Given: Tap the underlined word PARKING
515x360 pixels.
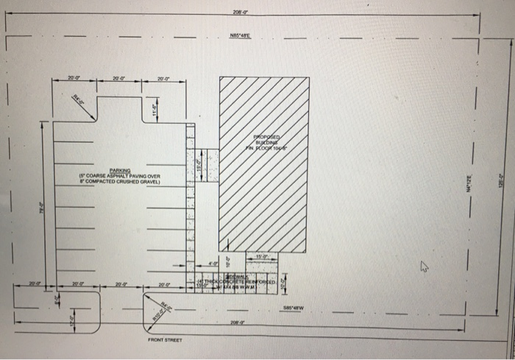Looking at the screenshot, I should click(x=119, y=169).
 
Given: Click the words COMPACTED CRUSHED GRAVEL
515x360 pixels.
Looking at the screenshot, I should click(x=119, y=181).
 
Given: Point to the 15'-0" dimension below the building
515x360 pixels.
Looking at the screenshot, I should click(x=262, y=256).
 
